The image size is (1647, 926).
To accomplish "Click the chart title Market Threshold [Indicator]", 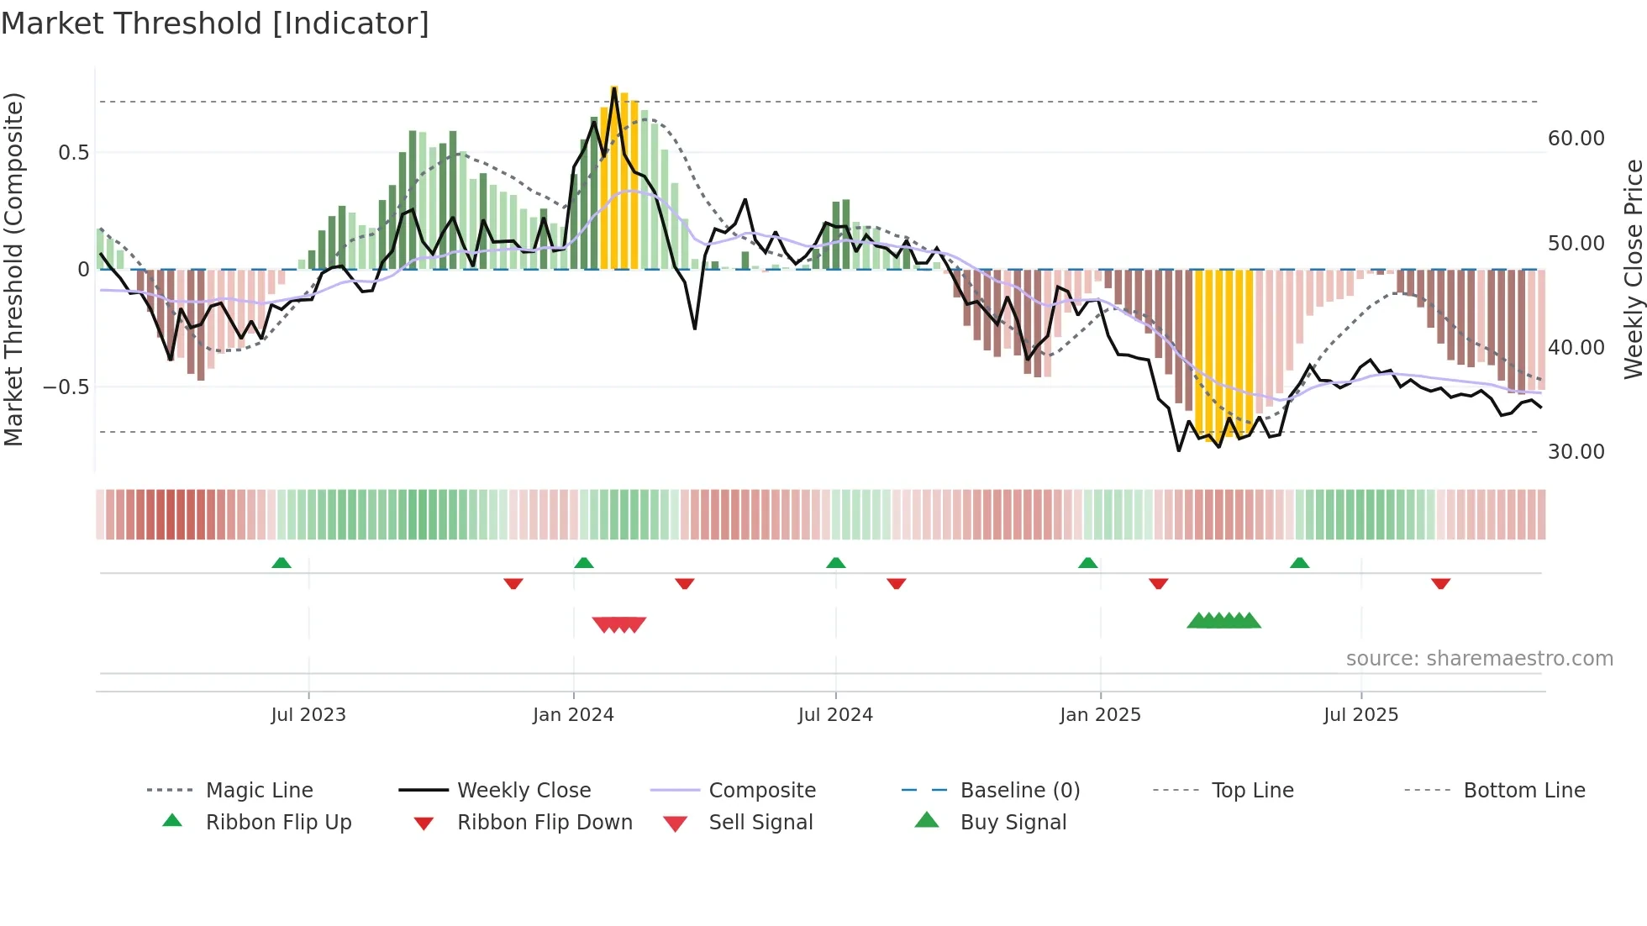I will (215, 24).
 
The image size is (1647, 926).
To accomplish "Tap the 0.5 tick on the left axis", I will (73, 153).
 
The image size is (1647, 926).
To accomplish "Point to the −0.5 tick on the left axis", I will (66, 387).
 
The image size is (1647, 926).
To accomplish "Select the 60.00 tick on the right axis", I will (1576, 139).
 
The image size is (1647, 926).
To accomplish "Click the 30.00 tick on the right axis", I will (1576, 452).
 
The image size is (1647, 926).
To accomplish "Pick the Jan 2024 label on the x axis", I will (573, 715).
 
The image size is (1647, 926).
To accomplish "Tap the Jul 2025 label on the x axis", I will (1360, 715).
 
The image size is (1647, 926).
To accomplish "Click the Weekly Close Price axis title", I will (1633, 269).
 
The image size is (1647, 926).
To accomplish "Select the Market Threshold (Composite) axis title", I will (13, 269).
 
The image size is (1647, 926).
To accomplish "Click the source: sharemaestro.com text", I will (1479, 659).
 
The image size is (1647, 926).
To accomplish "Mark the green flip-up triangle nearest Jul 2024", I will (835, 563).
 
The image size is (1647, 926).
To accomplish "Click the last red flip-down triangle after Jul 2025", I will (1440, 583).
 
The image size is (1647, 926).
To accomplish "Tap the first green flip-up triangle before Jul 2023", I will (282, 563).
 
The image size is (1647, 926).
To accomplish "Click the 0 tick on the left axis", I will (83, 270).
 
